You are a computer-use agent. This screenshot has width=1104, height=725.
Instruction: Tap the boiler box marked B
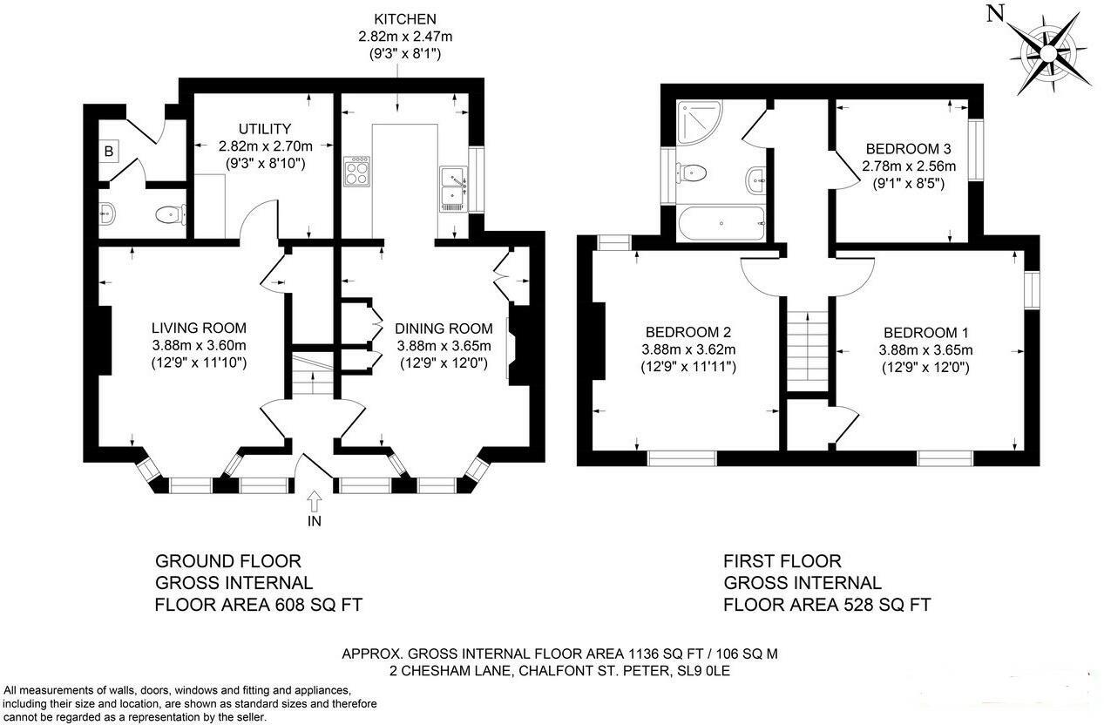point(108,152)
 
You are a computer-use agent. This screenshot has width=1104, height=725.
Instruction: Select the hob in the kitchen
point(357,171)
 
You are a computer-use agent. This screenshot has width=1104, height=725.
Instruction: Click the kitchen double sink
point(453,189)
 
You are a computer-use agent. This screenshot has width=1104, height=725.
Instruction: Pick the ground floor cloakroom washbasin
point(107,213)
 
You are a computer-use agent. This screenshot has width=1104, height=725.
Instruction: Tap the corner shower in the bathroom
point(699,123)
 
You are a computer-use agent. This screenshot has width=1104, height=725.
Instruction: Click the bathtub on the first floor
point(721,223)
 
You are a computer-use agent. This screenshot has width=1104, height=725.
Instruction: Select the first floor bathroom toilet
point(691,173)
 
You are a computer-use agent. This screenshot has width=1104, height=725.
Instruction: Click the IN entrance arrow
point(315,501)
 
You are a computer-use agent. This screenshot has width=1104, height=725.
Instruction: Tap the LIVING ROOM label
point(199,328)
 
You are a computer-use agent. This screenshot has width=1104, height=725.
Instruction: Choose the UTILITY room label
point(265,129)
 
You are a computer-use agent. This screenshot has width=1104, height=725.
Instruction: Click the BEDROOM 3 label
point(908,148)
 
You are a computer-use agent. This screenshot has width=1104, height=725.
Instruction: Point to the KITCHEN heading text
point(405,19)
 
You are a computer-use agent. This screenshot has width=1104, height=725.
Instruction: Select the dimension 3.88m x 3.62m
point(688,349)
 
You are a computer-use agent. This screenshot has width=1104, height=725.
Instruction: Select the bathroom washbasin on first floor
point(756,181)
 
